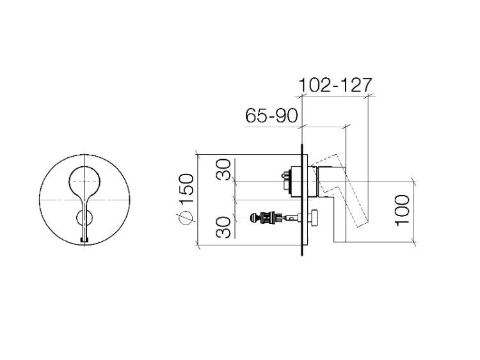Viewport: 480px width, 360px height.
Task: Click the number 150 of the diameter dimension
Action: pyautogui.click(x=186, y=189)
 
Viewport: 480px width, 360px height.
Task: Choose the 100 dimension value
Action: pyautogui.click(x=403, y=210)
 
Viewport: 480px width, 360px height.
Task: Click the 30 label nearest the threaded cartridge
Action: pyautogui.click(x=223, y=227)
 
